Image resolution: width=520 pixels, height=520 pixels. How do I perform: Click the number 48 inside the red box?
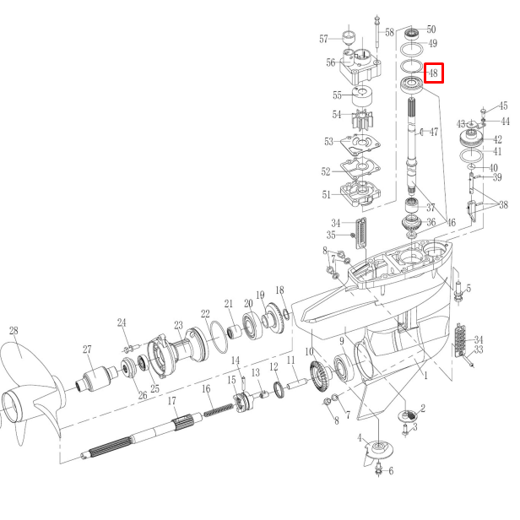(x=433, y=73)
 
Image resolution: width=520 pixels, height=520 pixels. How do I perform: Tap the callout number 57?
(x=324, y=39)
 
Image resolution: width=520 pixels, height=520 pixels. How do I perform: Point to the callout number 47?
(x=434, y=133)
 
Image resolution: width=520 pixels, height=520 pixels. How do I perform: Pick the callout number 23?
(x=178, y=325)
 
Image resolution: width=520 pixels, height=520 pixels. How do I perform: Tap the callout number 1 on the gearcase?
(x=425, y=374)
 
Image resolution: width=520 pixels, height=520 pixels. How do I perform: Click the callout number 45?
(x=503, y=106)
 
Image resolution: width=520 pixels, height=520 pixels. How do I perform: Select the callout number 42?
(x=497, y=139)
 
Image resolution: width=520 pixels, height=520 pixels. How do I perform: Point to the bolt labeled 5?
(x=458, y=293)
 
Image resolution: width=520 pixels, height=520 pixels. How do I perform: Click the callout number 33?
(x=478, y=349)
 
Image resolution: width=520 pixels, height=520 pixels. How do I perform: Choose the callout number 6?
(x=390, y=470)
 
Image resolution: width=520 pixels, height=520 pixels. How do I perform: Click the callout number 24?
(x=122, y=322)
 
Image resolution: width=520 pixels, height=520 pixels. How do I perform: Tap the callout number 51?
(x=326, y=195)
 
